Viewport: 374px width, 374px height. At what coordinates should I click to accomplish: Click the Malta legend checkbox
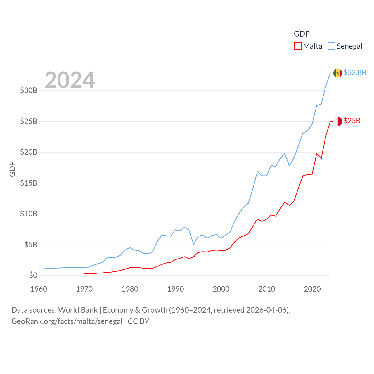pyautogui.click(x=297, y=46)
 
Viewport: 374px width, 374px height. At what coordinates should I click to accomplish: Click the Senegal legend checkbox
pyautogui.click(x=331, y=46)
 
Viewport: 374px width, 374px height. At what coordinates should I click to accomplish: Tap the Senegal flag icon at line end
pyautogui.click(x=337, y=73)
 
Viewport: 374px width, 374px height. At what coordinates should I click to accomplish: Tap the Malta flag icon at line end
pyautogui.click(x=337, y=121)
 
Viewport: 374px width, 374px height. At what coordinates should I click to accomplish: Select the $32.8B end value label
pyautogui.click(x=355, y=72)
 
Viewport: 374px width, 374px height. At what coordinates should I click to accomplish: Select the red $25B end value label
pyautogui.click(x=352, y=121)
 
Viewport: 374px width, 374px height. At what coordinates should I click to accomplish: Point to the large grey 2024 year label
pyautogui.click(x=70, y=80)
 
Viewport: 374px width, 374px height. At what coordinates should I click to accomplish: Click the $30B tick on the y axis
pyautogui.click(x=29, y=90)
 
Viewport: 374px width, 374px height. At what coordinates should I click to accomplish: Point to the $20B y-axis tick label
pyautogui.click(x=29, y=152)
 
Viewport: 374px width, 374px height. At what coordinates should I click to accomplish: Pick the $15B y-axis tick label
pyautogui.click(x=29, y=183)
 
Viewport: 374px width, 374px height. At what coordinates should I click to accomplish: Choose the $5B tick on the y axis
pyautogui.click(x=30, y=245)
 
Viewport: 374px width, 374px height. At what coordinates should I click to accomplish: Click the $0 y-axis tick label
pyautogui.click(x=33, y=275)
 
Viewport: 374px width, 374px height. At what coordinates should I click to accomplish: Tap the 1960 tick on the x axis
pyautogui.click(x=39, y=289)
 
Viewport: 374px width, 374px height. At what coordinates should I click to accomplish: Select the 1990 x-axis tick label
pyautogui.click(x=176, y=289)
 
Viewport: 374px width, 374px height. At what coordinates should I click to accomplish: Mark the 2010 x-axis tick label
pyautogui.click(x=267, y=289)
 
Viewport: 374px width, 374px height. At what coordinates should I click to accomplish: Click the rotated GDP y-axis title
pyautogui.click(x=12, y=169)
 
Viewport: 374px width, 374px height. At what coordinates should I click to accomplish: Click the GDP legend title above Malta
pyautogui.click(x=302, y=34)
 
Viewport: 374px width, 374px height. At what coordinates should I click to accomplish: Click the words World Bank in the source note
pyautogui.click(x=78, y=310)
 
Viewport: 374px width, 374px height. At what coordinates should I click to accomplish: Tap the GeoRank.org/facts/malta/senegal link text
pyautogui.click(x=67, y=321)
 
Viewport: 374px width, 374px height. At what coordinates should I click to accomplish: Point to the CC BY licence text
pyautogui.click(x=138, y=321)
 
